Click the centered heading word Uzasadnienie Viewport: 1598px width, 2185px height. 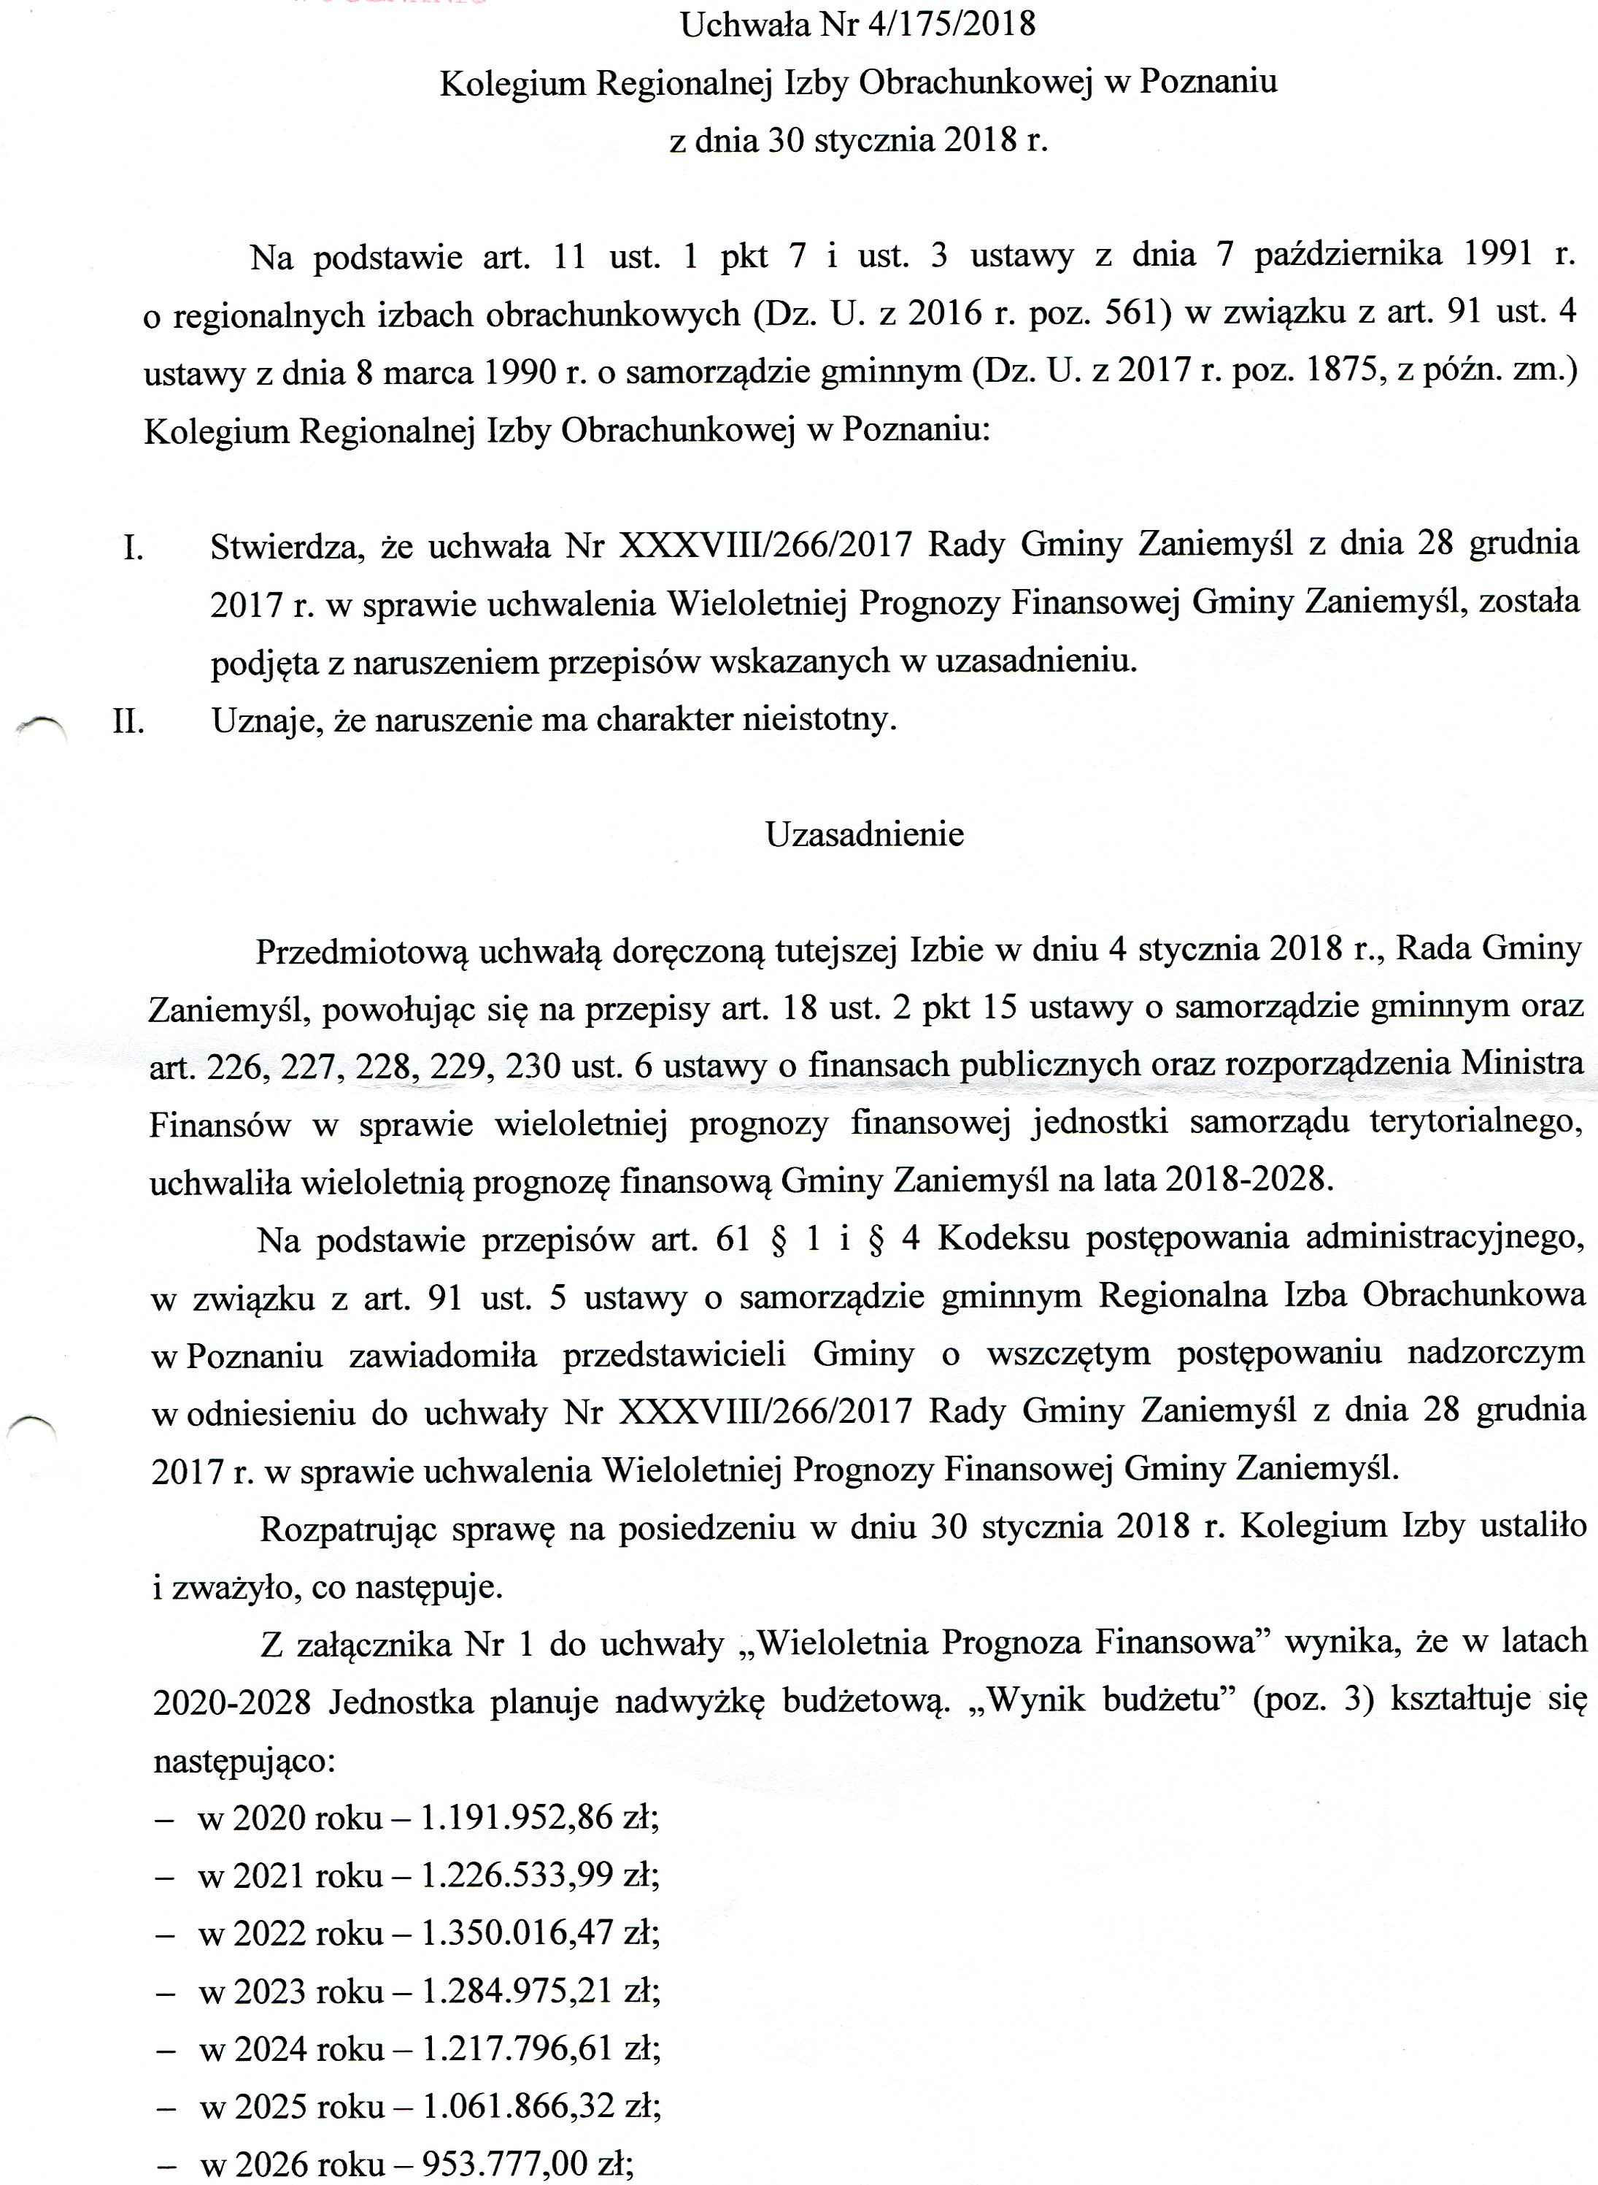[865, 834]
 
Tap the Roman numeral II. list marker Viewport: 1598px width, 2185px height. [128, 722]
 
